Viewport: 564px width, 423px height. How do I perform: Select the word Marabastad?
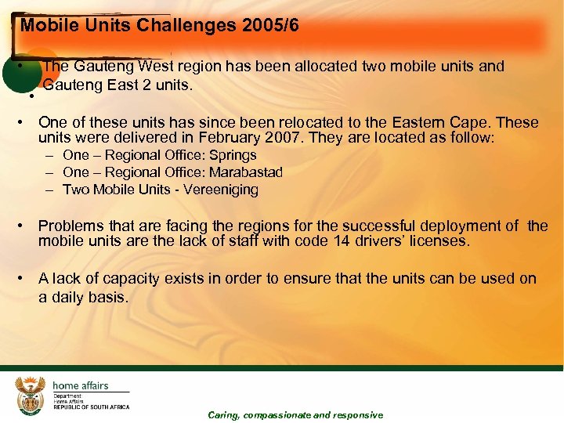point(246,172)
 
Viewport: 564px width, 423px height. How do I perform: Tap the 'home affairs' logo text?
point(81,385)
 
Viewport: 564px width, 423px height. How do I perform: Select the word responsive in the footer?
point(358,415)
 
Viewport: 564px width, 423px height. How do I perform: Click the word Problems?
point(71,226)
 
